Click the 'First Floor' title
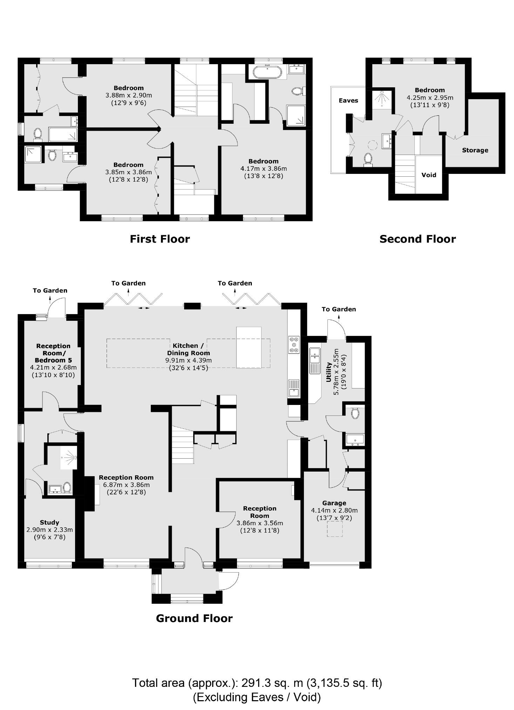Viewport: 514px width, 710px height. (x=160, y=239)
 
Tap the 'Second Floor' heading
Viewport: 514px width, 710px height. (x=417, y=239)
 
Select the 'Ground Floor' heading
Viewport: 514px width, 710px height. (x=194, y=618)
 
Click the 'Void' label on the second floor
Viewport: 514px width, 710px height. (x=428, y=175)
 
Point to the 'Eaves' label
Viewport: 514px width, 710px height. (x=348, y=101)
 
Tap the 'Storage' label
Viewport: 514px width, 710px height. (x=475, y=150)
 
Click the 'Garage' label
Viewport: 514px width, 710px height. (x=334, y=503)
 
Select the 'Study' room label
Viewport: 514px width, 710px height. (x=49, y=522)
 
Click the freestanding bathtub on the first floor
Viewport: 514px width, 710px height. (x=267, y=72)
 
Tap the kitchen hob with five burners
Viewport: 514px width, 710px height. (x=294, y=345)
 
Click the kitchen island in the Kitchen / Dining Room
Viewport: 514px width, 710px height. (x=249, y=347)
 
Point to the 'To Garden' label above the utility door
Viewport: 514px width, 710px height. (x=338, y=309)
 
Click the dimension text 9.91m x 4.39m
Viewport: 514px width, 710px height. (x=188, y=360)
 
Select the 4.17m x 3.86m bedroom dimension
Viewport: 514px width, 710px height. (x=263, y=168)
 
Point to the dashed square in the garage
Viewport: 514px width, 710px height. (x=334, y=529)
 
